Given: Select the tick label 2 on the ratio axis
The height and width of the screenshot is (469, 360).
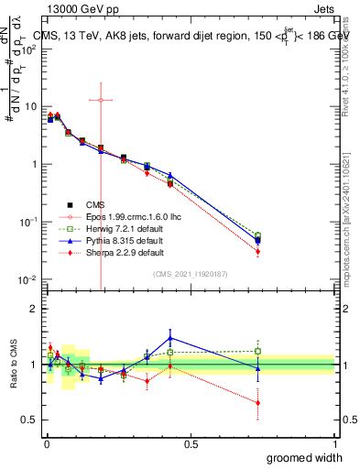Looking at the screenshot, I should [35, 309].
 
